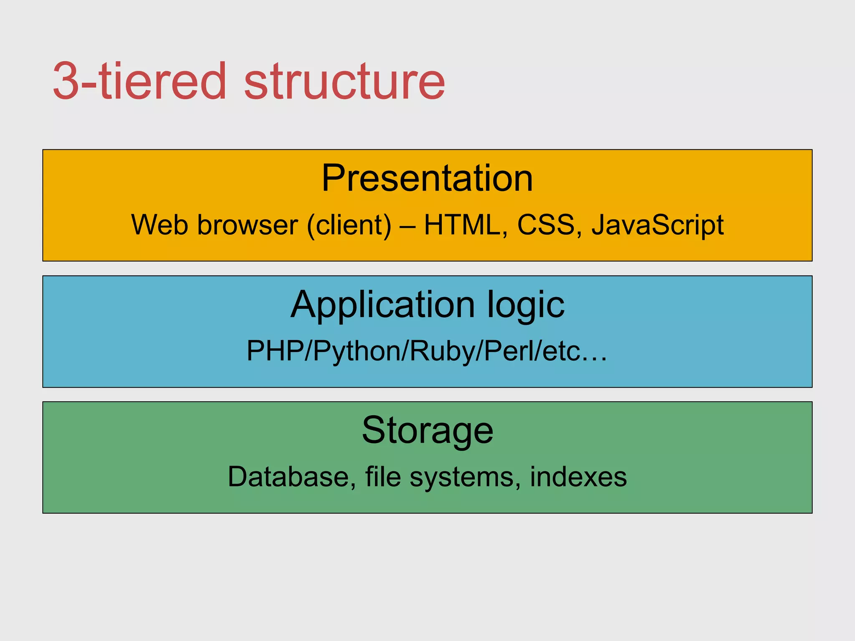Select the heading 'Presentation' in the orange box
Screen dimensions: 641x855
click(427, 178)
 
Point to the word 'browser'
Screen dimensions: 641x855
click(248, 225)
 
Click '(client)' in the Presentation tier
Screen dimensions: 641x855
click(349, 225)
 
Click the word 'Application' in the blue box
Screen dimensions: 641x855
click(383, 305)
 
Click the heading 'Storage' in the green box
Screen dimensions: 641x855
click(427, 431)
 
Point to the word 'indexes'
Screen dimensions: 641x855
click(578, 477)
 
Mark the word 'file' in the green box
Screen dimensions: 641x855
click(383, 477)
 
